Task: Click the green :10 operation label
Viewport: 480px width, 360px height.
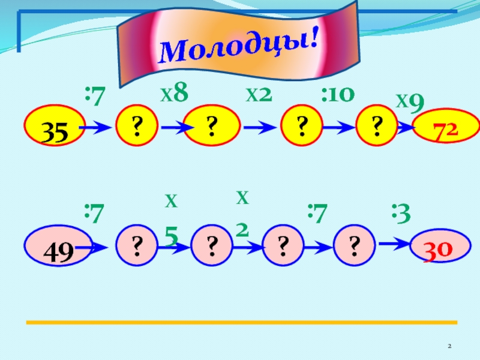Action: (x=338, y=94)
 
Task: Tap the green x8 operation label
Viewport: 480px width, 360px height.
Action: (x=174, y=94)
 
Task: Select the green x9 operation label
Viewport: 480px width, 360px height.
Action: (x=410, y=102)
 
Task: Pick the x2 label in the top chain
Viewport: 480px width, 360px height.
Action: (x=259, y=94)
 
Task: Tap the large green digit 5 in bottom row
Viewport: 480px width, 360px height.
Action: (x=171, y=238)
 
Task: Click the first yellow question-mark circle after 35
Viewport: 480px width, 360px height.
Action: (x=137, y=127)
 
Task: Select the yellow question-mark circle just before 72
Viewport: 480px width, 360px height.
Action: (x=377, y=127)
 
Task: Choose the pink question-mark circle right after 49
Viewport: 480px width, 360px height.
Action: (x=137, y=246)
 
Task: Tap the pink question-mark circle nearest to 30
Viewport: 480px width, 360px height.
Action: (x=354, y=246)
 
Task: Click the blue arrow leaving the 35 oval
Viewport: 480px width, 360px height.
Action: (x=95, y=128)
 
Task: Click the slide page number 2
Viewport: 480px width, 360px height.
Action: (x=449, y=346)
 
